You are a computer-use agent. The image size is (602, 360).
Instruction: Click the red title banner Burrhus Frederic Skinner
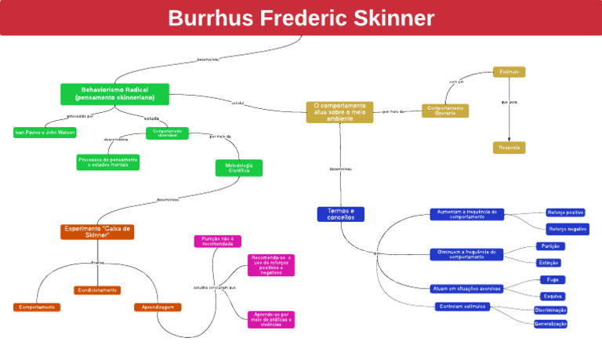pos(301,18)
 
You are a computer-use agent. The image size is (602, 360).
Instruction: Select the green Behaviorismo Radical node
pos(114,94)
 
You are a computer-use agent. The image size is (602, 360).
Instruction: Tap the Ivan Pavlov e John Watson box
pos(45,132)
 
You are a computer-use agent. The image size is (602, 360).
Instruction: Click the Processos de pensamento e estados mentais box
pos(108,162)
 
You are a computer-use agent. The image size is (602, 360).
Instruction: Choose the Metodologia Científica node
pos(239,168)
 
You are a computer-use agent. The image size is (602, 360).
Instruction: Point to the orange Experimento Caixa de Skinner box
pos(97,231)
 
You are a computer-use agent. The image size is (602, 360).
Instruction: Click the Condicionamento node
pos(97,290)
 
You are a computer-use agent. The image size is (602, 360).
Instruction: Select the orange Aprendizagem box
pos(158,307)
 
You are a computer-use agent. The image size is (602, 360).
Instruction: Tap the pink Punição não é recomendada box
pos(217,241)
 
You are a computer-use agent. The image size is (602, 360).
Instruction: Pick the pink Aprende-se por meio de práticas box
pos(271,319)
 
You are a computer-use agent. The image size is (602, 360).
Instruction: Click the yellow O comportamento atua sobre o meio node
pos(339,111)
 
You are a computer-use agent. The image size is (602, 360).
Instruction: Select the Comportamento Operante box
pos(445,111)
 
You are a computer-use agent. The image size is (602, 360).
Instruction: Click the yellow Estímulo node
pos(509,72)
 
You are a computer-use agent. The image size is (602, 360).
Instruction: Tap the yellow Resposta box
pos(509,147)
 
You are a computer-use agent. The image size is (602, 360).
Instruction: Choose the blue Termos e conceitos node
pos(340,214)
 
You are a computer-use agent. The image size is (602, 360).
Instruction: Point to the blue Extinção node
pos(549,263)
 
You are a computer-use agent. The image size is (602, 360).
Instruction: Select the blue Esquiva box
pos(553,296)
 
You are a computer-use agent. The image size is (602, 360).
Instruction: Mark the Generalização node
pos(550,323)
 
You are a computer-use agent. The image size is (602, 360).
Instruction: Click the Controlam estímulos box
pos(462,306)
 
